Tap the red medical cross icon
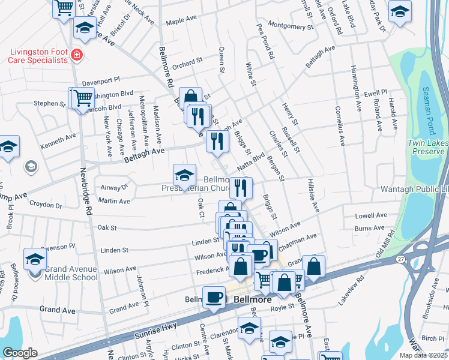click(x=76, y=56)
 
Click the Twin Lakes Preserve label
click(x=426, y=147)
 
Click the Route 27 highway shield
click(x=400, y=259)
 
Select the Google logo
click(x=20, y=353)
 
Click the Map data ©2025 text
click(x=423, y=355)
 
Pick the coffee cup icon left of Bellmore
click(x=214, y=298)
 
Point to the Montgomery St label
click(x=291, y=26)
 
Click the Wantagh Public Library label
click(x=414, y=189)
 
